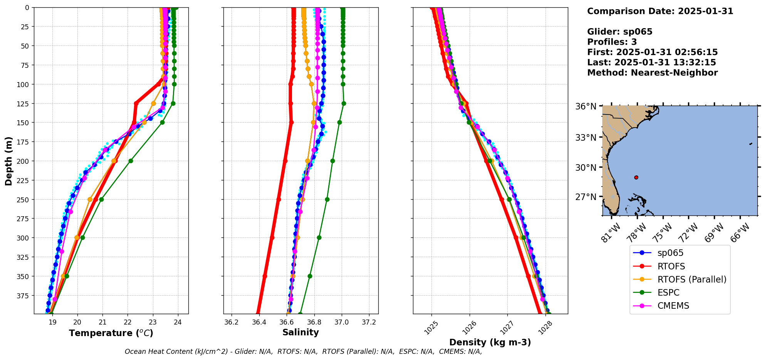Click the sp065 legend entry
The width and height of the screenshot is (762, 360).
(x=670, y=253)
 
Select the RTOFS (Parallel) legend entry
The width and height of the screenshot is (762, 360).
(x=692, y=279)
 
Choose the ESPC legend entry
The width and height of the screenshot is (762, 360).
(x=668, y=293)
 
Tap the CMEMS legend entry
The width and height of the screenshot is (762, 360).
(x=673, y=306)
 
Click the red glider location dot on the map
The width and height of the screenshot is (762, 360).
(x=636, y=177)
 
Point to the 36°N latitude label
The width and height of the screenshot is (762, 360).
(x=586, y=106)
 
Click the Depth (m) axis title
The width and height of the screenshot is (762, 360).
(x=8, y=161)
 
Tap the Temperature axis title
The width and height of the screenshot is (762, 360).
(x=111, y=333)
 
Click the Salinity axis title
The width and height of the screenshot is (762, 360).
(x=300, y=332)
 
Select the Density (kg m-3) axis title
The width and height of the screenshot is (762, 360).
(x=490, y=342)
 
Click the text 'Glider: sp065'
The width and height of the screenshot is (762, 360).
(x=619, y=32)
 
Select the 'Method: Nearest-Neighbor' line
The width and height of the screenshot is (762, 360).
(x=652, y=73)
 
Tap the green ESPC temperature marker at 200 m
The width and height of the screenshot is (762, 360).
(x=131, y=161)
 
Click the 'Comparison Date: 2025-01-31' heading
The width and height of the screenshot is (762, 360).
(x=660, y=11)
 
